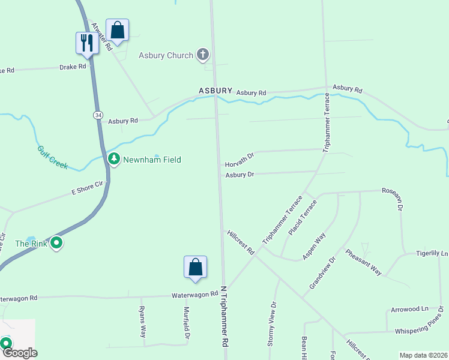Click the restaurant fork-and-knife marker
[87, 43]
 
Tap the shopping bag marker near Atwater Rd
[117, 30]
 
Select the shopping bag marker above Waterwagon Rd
[195, 267]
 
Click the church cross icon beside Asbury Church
[203, 55]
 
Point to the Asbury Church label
[166, 56]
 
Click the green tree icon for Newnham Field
[114, 159]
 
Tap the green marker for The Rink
[56, 243]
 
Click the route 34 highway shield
[98, 114]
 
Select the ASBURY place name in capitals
[215, 91]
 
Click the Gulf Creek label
[52, 157]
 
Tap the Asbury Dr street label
[240, 175]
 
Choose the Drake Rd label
[73, 67]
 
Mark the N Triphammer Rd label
[226, 323]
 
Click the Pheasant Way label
[363, 262]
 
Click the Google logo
[19, 353]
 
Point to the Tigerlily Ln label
[432, 254]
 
